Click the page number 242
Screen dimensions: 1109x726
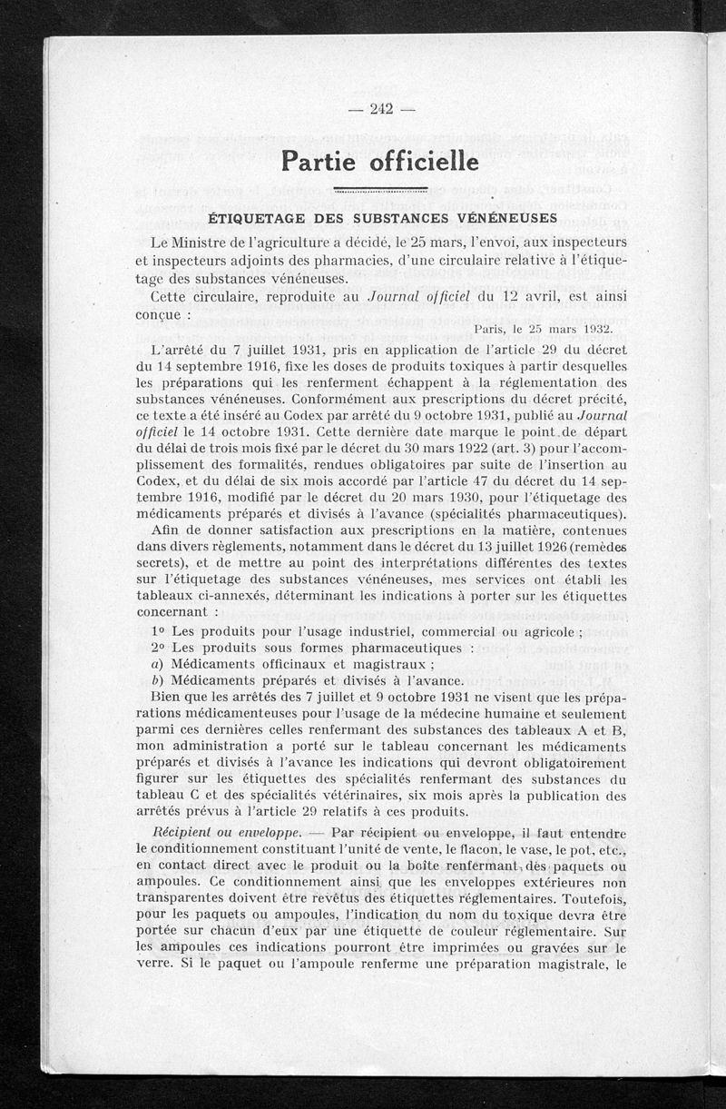pyautogui.click(x=380, y=110)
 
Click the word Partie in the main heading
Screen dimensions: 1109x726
pyautogui.click(x=318, y=161)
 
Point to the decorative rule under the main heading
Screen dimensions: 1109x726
pyautogui.click(x=380, y=190)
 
